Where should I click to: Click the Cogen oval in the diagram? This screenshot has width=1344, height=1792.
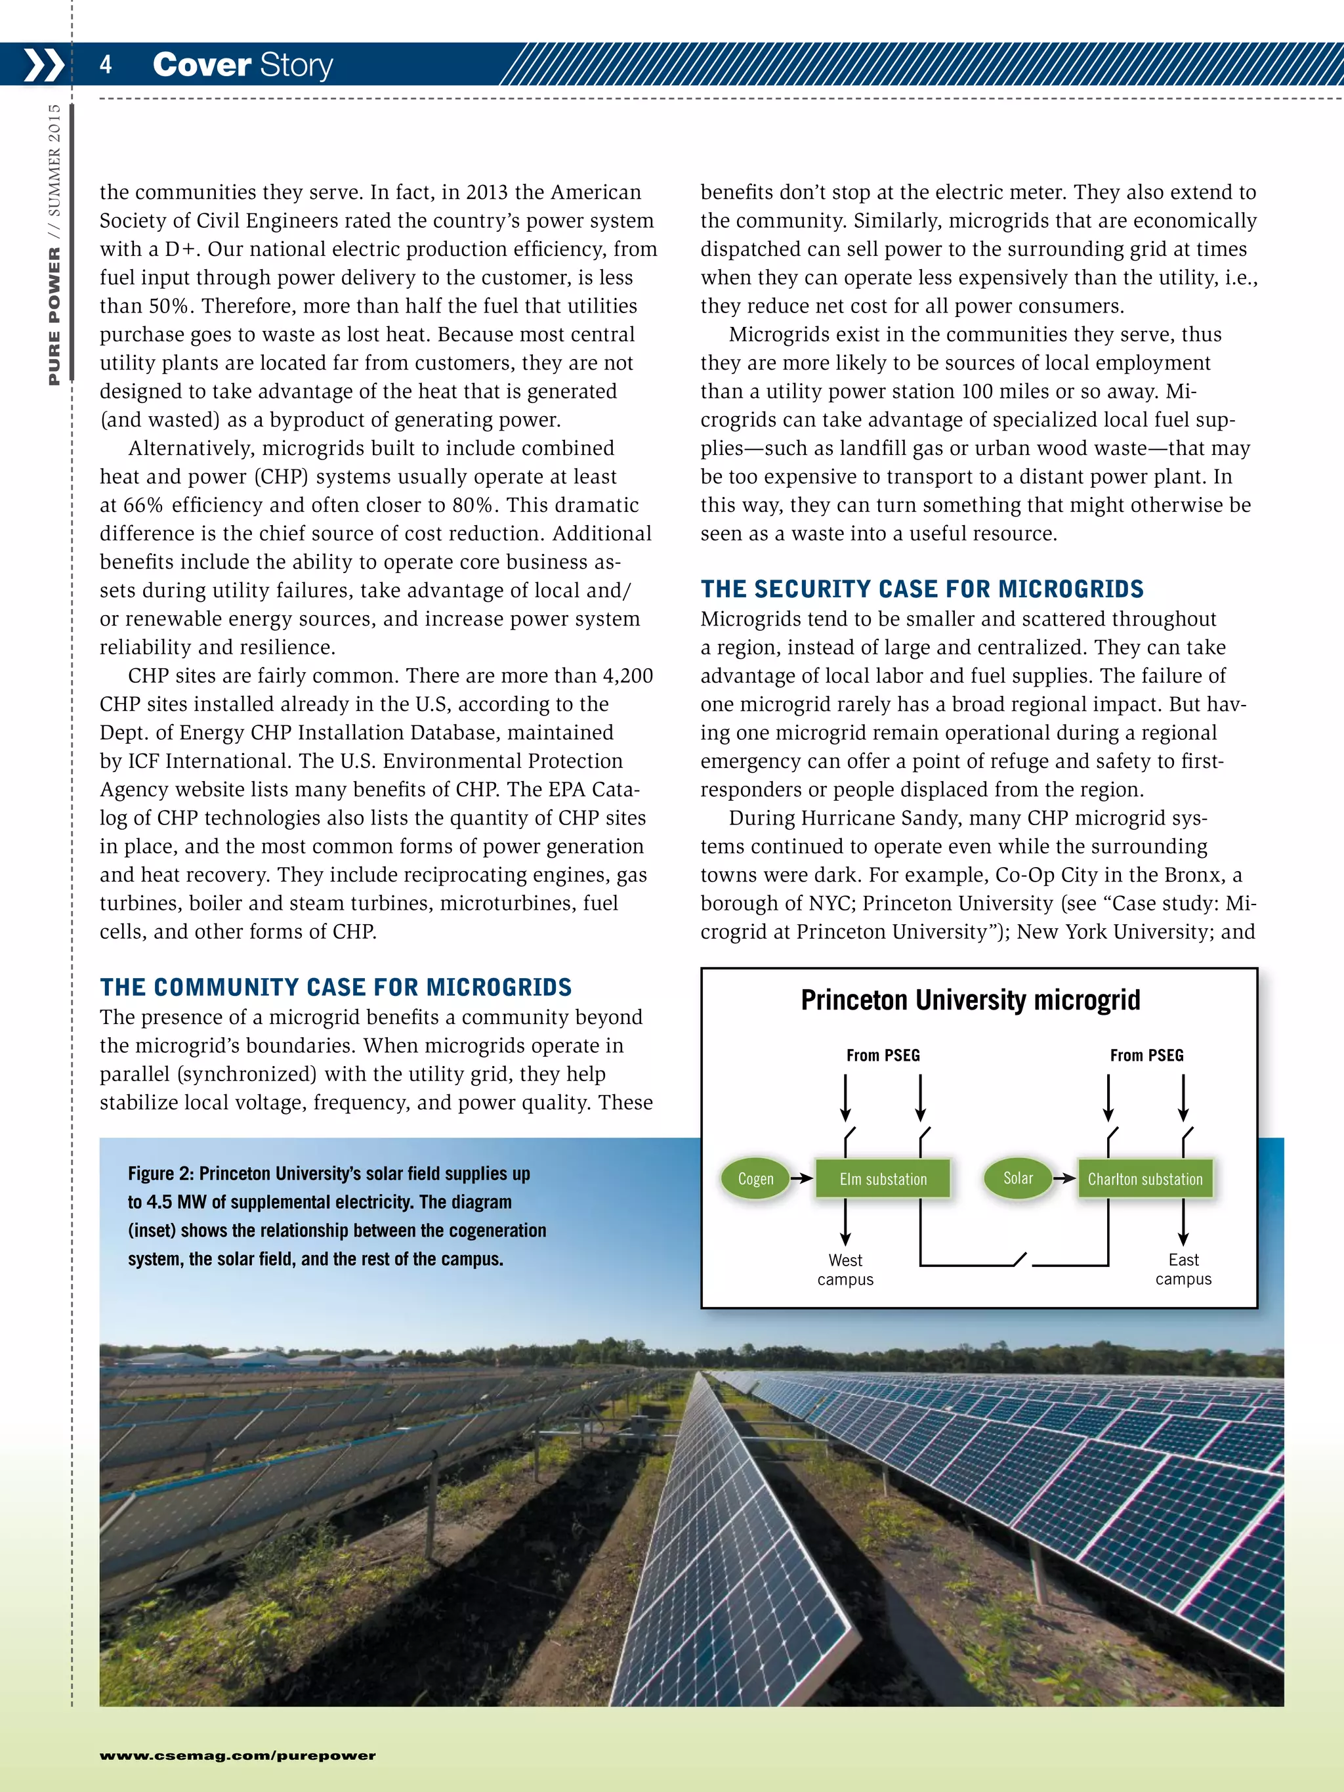point(755,1179)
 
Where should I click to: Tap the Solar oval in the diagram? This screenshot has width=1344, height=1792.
point(1018,1178)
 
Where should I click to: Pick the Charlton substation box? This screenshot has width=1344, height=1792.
point(1144,1179)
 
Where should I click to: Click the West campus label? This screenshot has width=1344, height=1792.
point(845,1269)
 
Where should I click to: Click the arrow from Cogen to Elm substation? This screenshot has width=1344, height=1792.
point(801,1179)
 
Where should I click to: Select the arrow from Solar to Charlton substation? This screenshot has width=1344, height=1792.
point(1064,1179)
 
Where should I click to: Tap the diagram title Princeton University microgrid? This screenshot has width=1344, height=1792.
point(970,1000)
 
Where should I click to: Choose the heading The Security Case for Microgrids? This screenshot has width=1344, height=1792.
point(922,589)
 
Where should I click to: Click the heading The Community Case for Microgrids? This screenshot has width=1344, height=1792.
point(335,987)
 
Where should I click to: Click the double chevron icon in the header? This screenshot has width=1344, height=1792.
point(43,65)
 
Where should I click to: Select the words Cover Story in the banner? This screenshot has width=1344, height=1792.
point(242,65)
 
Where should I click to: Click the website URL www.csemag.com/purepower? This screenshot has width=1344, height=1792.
point(238,1755)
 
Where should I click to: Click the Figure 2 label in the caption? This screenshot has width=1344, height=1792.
point(159,1174)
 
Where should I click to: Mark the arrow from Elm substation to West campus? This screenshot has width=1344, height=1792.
point(845,1222)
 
